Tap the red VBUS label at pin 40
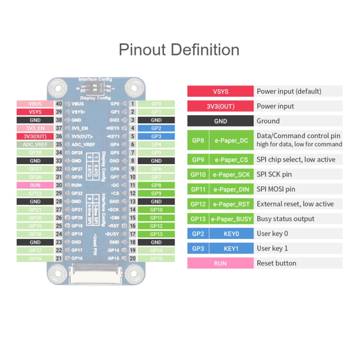tap(35, 104)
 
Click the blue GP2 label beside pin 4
tap(156, 128)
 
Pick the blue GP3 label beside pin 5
tap(156, 136)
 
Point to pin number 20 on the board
tap(132, 258)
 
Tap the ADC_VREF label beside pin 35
tap(35, 144)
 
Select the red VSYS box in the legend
tap(220, 91)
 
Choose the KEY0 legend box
tap(231, 233)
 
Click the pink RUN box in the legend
tap(220, 263)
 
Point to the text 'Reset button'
tap(276, 263)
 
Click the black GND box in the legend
tap(220, 121)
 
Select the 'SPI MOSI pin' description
tap(276, 189)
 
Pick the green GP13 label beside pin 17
tap(156, 234)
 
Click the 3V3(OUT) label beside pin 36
tap(35, 136)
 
